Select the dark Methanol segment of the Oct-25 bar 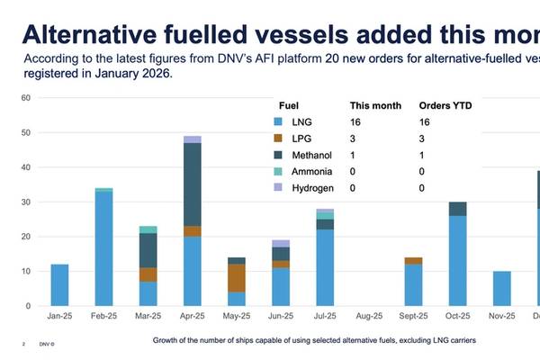(458, 209)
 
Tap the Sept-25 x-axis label (413, 317)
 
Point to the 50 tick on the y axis (24, 133)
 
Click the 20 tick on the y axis (24, 237)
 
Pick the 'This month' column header (370, 103)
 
